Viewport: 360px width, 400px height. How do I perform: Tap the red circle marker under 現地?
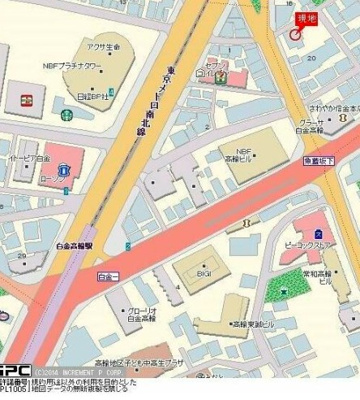coord(296,34)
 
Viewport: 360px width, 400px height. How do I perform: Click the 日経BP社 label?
coord(92,96)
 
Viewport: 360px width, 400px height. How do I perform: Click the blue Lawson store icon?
coord(62,184)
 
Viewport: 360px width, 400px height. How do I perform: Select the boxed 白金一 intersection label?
coord(108,274)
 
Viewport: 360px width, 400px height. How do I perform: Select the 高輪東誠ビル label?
coord(249,325)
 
